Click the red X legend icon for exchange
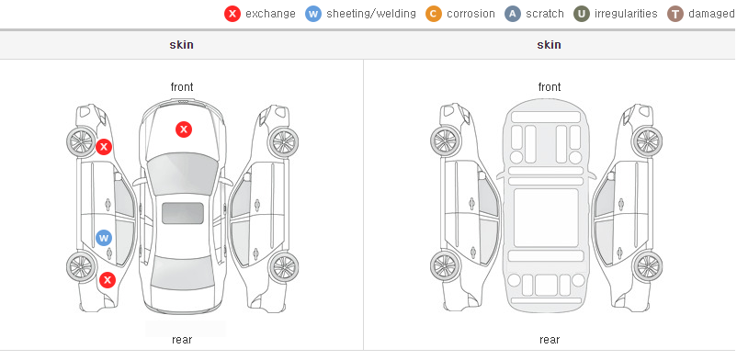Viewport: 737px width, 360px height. click(232, 14)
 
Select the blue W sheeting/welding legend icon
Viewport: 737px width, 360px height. click(313, 14)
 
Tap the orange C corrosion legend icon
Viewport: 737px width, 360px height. click(434, 14)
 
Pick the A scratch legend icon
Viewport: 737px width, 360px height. click(513, 14)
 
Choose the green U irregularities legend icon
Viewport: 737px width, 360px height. click(582, 14)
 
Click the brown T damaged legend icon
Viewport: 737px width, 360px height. click(675, 14)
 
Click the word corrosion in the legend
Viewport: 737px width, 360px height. click(471, 14)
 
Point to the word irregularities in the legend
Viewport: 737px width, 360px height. click(626, 14)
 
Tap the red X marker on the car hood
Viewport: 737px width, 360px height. click(184, 129)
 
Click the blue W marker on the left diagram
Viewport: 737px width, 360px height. click(104, 238)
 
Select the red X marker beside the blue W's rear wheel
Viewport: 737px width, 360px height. click(108, 281)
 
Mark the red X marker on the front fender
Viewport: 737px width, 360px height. click(104, 147)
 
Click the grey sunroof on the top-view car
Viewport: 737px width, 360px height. click(183, 213)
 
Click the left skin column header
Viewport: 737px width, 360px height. click(181, 45)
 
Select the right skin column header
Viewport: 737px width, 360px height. click(549, 45)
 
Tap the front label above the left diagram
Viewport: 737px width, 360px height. click(182, 87)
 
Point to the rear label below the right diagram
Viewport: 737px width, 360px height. click(550, 340)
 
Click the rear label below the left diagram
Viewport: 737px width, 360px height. click(182, 340)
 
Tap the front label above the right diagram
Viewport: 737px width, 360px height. click(550, 87)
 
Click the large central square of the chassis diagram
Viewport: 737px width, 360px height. click(546, 218)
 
